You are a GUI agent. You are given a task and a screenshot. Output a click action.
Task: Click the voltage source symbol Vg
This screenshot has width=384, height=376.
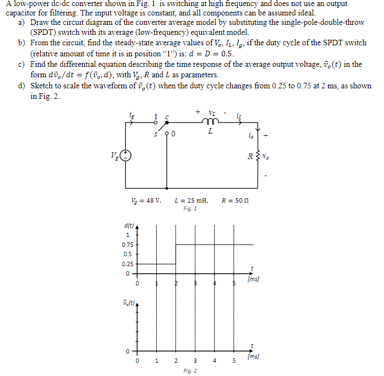coord(126,155)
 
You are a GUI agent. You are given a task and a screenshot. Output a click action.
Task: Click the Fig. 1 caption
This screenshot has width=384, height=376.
coord(190,209)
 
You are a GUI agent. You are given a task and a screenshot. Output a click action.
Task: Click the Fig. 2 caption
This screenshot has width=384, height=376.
coord(190,371)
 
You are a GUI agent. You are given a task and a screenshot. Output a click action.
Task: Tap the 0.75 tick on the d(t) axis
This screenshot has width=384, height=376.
coord(127,245)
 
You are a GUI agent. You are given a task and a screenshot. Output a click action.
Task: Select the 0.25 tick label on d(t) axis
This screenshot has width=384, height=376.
coord(127,264)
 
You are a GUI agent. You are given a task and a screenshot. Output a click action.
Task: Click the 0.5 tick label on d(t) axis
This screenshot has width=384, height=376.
coord(127,254)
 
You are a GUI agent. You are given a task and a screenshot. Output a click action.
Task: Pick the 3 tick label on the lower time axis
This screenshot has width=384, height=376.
coord(195,362)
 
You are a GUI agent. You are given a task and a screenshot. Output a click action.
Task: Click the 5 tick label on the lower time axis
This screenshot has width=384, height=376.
coord(234,362)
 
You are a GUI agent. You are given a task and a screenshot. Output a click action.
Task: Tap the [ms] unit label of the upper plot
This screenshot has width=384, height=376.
coord(253,279)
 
